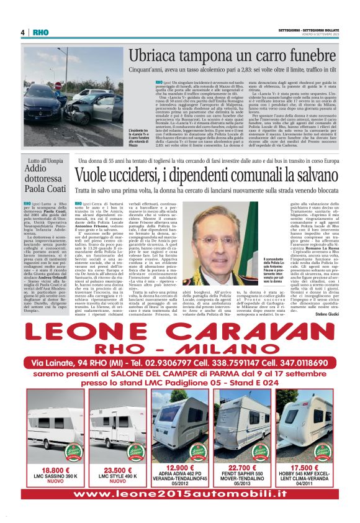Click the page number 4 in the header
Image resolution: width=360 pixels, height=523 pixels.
pyautogui.click(x=22, y=32)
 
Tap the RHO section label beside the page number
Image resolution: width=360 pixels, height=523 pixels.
pyautogui.click(x=39, y=32)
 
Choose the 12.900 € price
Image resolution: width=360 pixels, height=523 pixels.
pyautogui.click(x=181, y=467)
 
